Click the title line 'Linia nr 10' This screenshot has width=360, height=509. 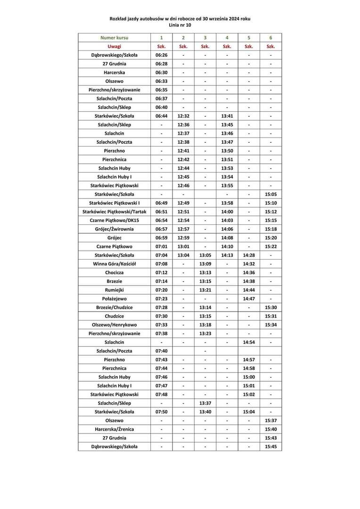(x=180, y=25)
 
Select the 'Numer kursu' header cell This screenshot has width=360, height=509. (x=114, y=38)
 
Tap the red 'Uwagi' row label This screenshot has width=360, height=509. (x=114, y=46)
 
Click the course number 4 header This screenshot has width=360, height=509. (x=227, y=38)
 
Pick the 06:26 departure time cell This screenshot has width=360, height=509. (x=161, y=55)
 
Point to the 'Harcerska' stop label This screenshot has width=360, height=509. (x=114, y=73)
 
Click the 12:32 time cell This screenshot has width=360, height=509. (x=183, y=116)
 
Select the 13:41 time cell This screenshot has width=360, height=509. (x=227, y=116)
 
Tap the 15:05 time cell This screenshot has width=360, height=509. (x=270, y=194)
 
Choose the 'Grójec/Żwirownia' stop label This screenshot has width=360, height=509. (x=114, y=229)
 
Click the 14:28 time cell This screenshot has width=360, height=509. (x=249, y=255)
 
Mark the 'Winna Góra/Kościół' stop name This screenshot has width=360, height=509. (x=114, y=264)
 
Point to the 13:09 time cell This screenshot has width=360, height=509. (x=205, y=264)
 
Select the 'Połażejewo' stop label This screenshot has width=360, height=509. (x=114, y=299)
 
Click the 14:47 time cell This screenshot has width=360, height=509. (x=249, y=299)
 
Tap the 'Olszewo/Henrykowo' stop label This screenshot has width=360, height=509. (x=114, y=325)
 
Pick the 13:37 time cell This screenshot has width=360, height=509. (x=205, y=403)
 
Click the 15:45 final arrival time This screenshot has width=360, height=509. (x=270, y=447)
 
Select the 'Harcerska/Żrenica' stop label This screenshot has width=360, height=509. (x=114, y=429)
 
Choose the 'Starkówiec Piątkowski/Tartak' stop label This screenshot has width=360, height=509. (x=114, y=212)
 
